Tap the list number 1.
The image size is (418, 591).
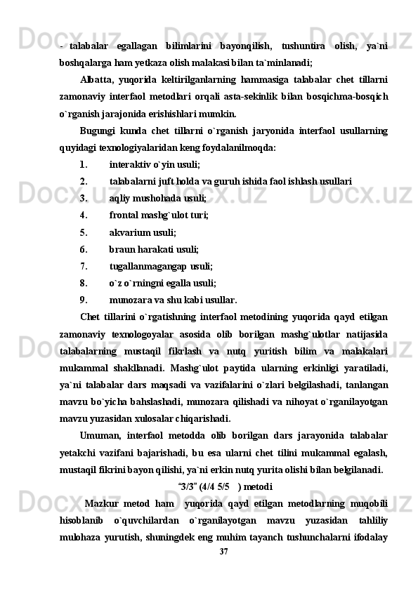click(84, 165)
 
